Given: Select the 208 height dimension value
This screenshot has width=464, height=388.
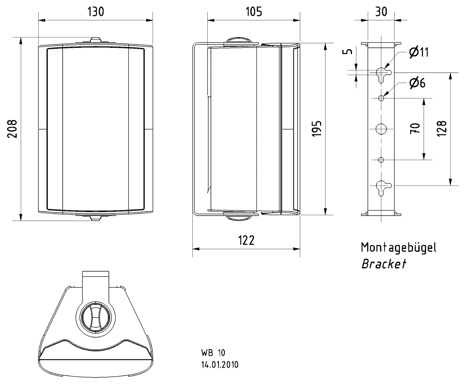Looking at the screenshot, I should (x=12, y=129).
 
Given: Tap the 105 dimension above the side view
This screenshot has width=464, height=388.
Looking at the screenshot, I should (x=254, y=12).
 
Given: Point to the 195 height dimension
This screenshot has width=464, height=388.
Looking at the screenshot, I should (x=317, y=128).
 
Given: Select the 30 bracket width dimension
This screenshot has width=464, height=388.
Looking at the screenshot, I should (x=381, y=12).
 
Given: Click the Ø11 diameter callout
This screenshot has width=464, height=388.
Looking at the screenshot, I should (x=419, y=52).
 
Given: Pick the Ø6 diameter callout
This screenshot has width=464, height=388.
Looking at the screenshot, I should (x=417, y=83).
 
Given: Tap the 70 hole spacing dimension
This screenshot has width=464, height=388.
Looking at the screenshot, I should (x=415, y=128).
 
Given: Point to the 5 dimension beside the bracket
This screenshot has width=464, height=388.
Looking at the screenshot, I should (x=348, y=51).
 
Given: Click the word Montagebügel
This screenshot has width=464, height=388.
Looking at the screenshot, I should (x=398, y=248).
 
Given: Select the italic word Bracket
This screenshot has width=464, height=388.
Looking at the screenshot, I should (x=383, y=264).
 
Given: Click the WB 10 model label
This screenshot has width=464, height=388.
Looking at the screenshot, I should (x=213, y=353).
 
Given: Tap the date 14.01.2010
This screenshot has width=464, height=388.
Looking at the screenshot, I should (x=220, y=365).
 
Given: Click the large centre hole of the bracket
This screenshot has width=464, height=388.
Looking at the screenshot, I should (x=381, y=129).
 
